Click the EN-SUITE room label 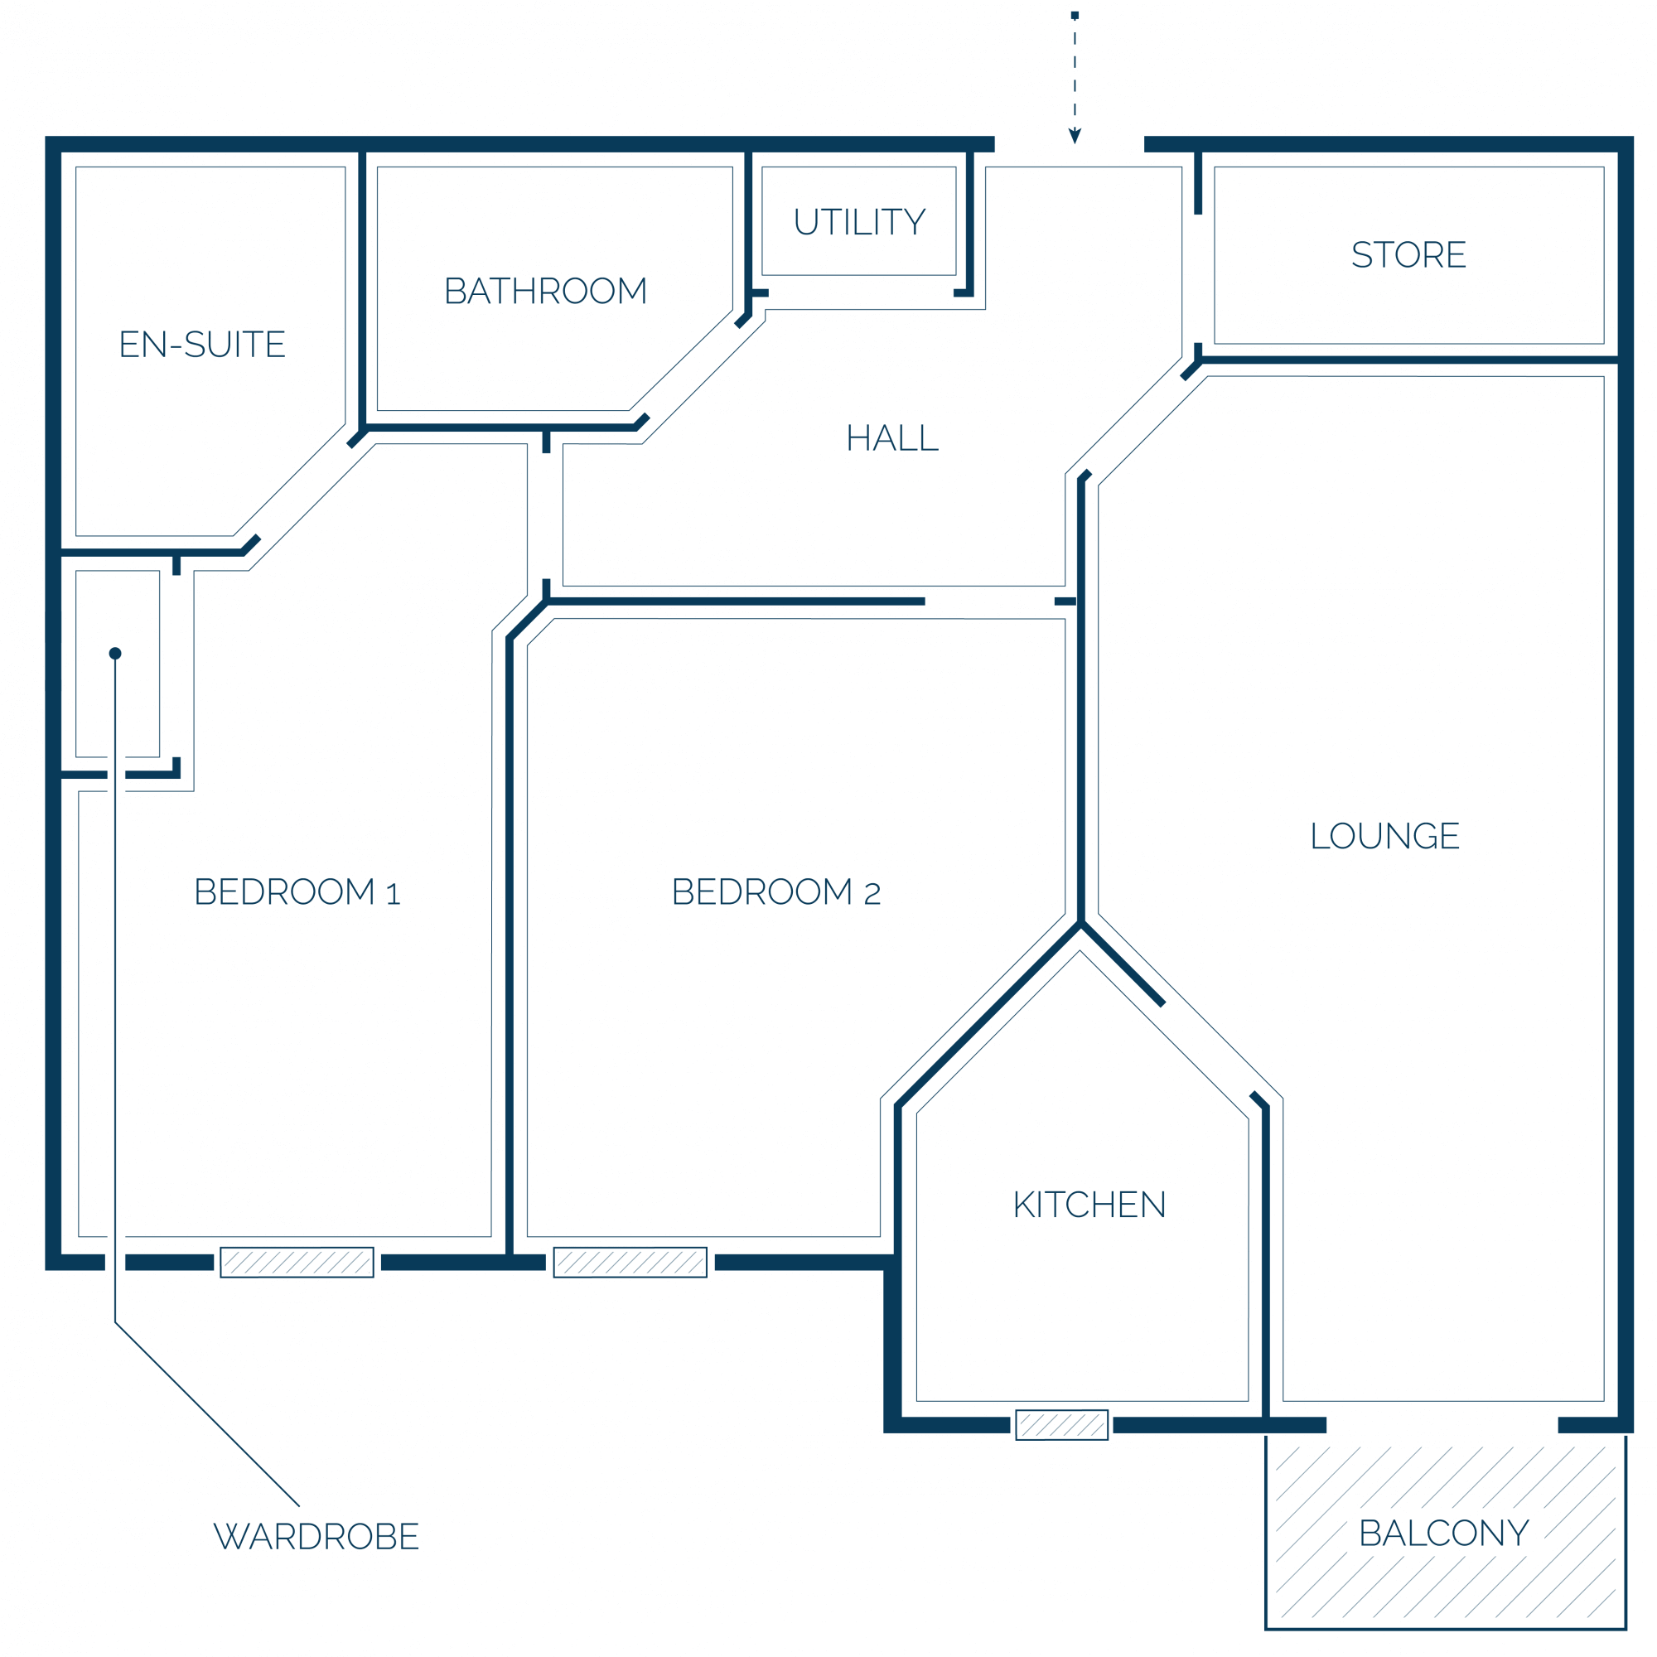pos(202,345)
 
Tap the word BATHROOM pos(545,292)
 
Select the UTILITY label pos(859,222)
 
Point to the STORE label pos(1408,254)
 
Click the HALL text pos(892,438)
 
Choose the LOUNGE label pos(1385,836)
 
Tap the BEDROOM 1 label pos(297,892)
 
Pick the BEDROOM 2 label pos(776,892)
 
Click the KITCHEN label pos(1089,1205)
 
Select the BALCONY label pos(1444,1534)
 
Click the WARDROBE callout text pos(316,1537)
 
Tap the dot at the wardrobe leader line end pos(115,654)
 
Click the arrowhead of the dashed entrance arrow pos(1075,137)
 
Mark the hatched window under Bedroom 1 pos(297,1263)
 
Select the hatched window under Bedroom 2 pos(630,1263)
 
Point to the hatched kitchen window pos(1062,1425)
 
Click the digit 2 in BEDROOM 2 pos(872,895)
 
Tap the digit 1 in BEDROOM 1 pos(394,895)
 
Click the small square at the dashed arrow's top pos(1075,16)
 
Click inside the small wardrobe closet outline pos(138,703)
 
